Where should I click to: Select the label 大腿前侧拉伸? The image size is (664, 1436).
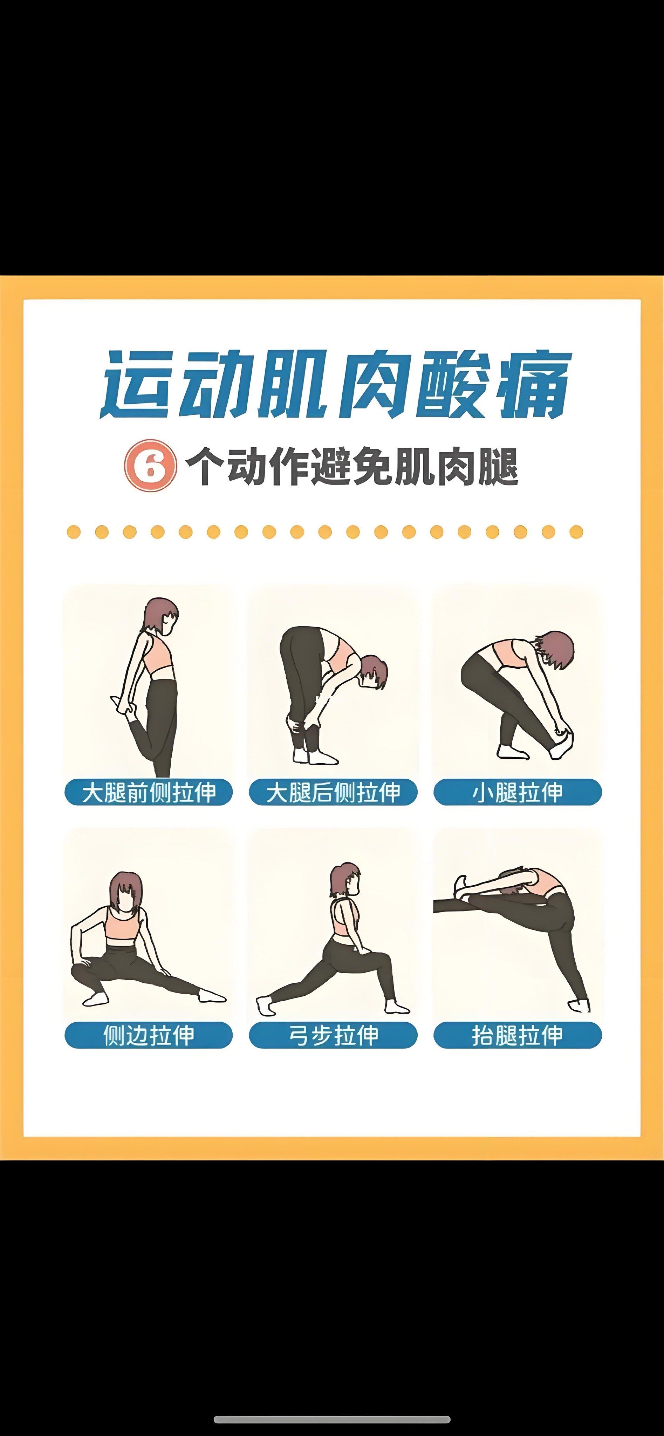pyautogui.click(x=148, y=792)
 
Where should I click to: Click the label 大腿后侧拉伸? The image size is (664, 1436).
pyautogui.click(x=333, y=792)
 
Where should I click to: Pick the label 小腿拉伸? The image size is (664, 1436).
pyautogui.click(x=518, y=792)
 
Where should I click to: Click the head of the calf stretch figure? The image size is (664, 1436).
pyautogui.click(x=554, y=649)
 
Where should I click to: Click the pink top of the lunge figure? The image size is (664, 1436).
pyautogui.click(x=345, y=920)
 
